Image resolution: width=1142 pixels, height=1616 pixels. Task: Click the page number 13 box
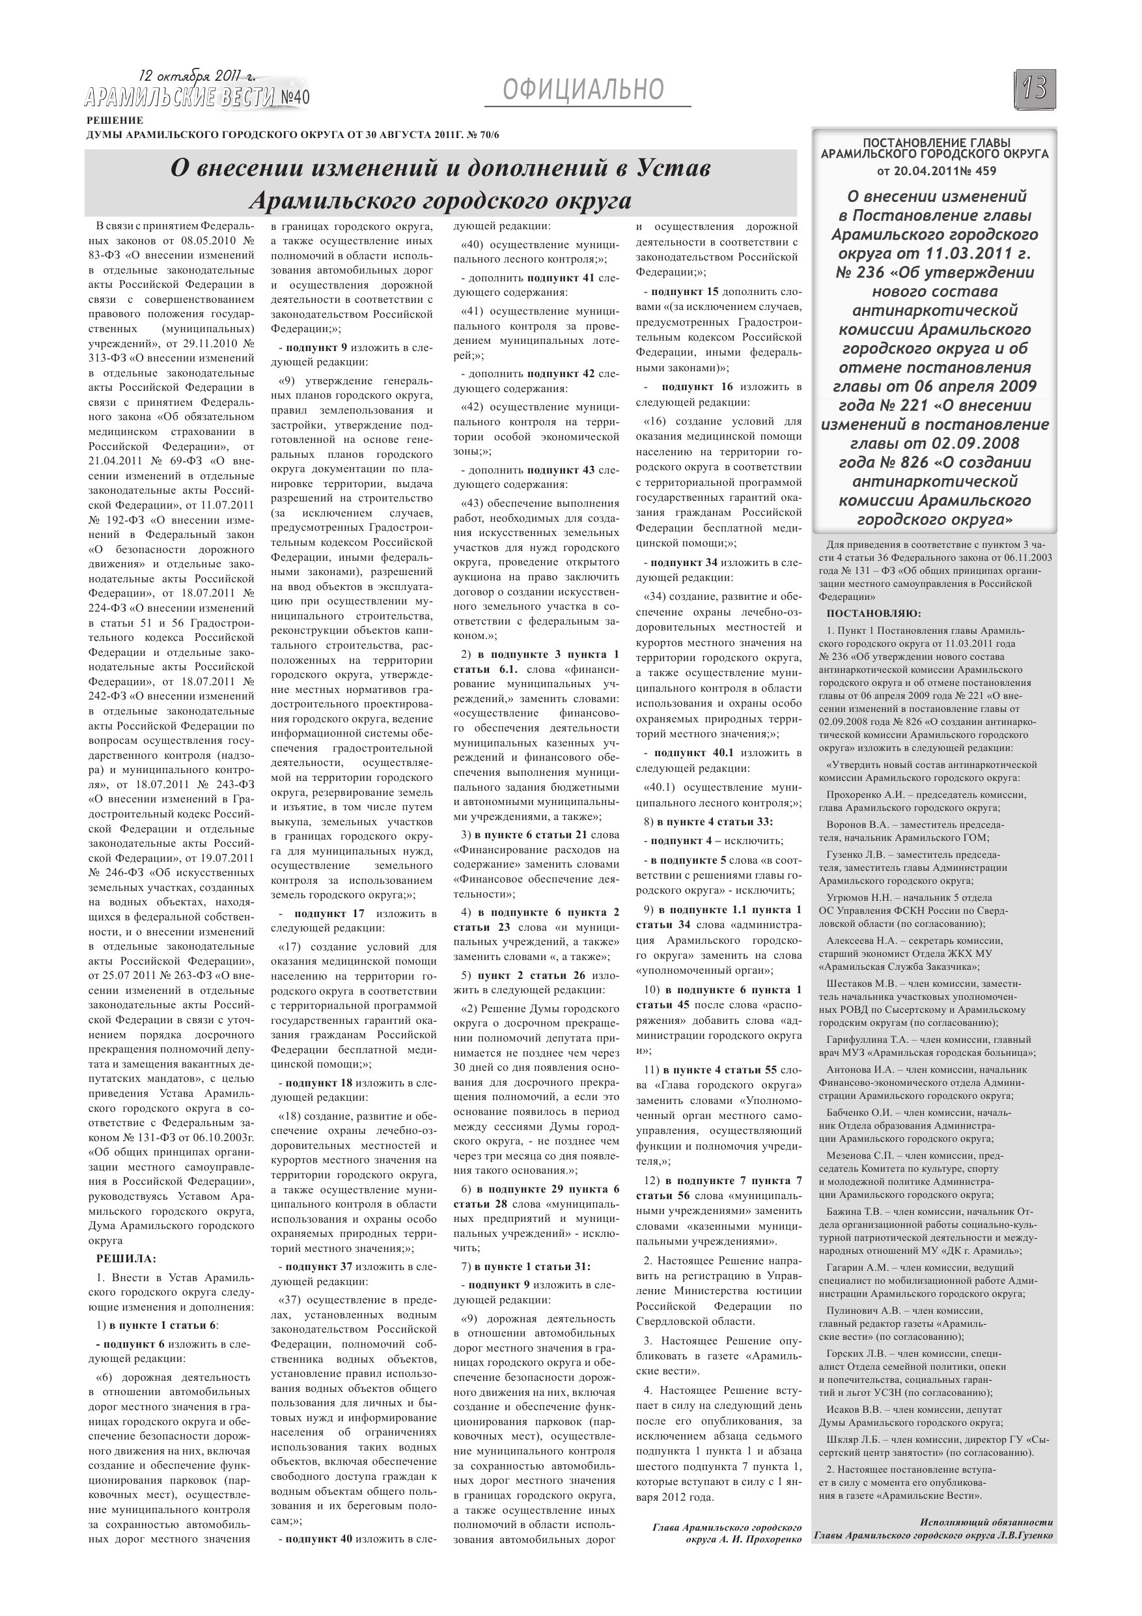coord(1035,88)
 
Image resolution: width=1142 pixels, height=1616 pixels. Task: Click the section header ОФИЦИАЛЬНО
coord(583,90)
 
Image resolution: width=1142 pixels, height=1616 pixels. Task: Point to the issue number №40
coord(294,96)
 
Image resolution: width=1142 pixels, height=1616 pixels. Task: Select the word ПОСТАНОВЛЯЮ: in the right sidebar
coord(873,613)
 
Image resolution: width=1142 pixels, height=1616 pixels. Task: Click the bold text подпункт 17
coord(329,913)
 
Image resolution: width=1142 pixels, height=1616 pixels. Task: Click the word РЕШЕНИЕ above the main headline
coord(115,120)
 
